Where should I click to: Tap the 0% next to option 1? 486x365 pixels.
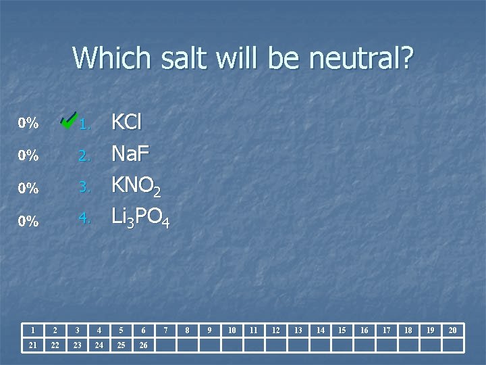(28, 123)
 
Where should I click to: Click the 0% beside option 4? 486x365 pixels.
(28, 220)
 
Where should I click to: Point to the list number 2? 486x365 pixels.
(84, 155)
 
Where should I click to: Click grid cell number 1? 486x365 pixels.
(32, 330)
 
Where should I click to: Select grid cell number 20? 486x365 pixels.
(452, 330)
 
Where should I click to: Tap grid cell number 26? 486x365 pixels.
(142, 345)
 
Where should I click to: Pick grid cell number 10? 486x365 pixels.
(232, 330)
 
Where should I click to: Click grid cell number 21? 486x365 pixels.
(32, 345)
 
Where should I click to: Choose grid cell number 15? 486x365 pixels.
(342, 330)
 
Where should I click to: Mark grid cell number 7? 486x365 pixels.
(165, 330)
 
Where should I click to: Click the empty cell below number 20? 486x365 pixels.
(452, 345)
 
